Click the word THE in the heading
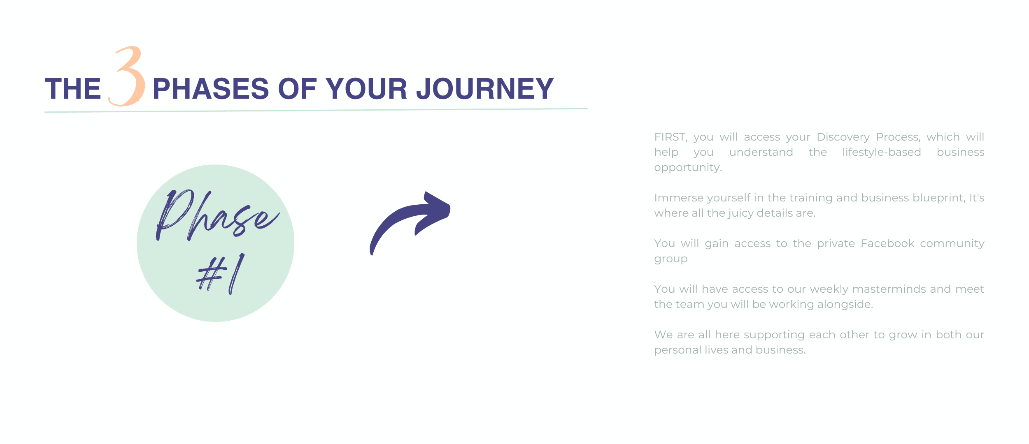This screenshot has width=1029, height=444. pos(73,89)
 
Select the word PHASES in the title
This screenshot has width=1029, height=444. pos(211,89)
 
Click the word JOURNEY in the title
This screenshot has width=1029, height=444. pos(485,89)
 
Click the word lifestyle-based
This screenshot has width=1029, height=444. pos(882,153)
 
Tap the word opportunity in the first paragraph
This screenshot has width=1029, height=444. pos(688,168)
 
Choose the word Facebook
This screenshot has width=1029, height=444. pos(887,243)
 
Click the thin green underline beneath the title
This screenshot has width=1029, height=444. pos(316,110)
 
